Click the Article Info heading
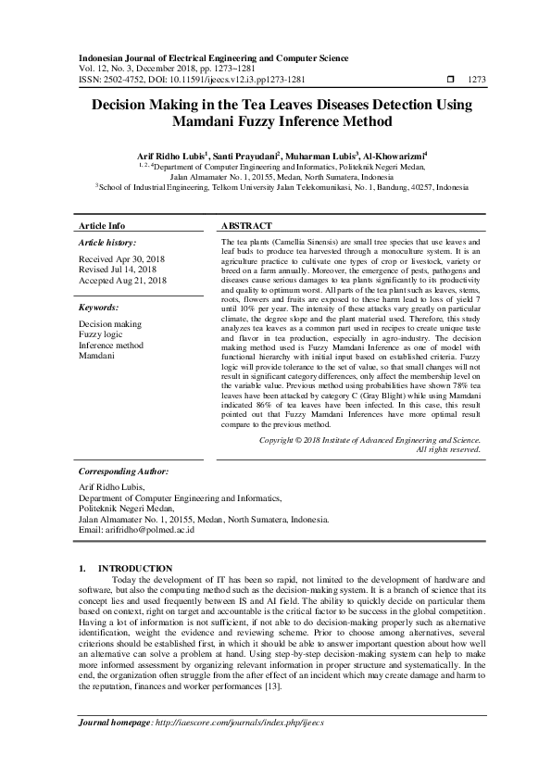[102, 226]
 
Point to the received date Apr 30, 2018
[121, 259]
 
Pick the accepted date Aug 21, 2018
[122, 280]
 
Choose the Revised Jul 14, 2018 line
[120, 270]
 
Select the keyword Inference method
[111, 345]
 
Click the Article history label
[108, 242]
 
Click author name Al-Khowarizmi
[392, 156]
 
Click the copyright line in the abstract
[369, 440]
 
